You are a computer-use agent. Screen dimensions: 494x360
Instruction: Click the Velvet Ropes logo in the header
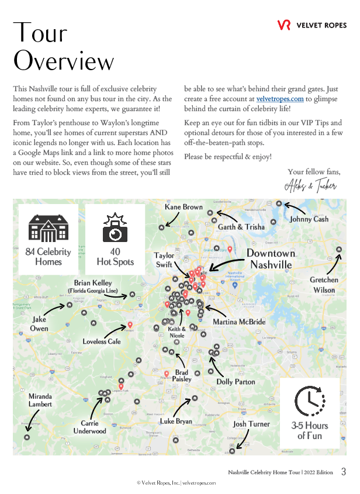tap(312, 25)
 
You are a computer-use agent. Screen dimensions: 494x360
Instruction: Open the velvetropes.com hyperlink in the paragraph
tap(280, 99)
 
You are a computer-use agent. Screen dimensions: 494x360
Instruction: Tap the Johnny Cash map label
tap(309, 219)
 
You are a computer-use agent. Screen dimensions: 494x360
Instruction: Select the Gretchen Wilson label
tap(324, 285)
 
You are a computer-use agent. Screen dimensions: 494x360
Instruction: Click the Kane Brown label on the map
tap(184, 207)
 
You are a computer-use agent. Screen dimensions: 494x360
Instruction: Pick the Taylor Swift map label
tap(164, 260)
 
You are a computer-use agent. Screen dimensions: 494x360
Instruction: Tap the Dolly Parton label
tap(236, 382)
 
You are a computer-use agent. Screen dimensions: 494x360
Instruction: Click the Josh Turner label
tap(251, 424)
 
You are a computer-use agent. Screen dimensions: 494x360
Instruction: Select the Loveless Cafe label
tap(102, 341)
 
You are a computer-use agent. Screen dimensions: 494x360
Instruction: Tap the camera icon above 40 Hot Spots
tap(115, 229)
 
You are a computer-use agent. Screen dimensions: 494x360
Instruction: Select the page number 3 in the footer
tap(344, 472)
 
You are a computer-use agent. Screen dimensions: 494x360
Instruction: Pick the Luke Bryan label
tap(175, 421)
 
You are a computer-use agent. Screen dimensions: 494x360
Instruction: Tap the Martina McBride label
tap(239, 322)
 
